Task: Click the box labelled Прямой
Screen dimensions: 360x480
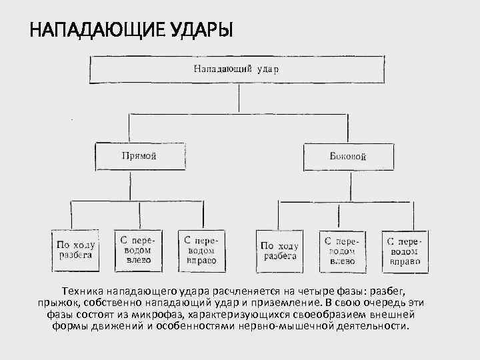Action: [139, 157]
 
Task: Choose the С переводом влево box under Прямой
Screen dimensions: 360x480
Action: [138, 249]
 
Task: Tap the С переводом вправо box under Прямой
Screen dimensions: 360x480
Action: [200, 249]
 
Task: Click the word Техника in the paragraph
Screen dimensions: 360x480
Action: [83, 292]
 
